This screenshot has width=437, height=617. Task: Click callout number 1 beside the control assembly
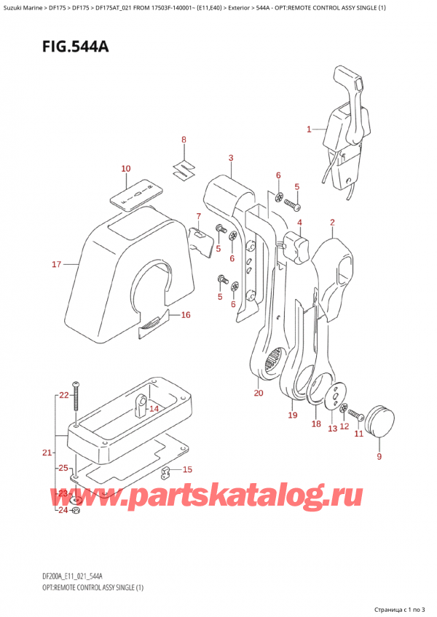(x=310, y=130)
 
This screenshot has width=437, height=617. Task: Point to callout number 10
(x=125, y=169)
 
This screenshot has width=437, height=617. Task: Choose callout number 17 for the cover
(x=56, y=264)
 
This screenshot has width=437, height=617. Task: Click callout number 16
(x=185, y=315)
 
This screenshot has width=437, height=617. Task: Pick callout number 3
(x=230, y=158)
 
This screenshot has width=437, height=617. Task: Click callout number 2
(x=332, y=223)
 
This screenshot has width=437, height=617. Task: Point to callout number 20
(x=258, y=394)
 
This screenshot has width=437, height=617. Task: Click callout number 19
(x=292, y=415)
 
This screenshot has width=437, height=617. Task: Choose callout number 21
(x=47, y=453)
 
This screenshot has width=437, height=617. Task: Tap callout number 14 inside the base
(x=153, y=409)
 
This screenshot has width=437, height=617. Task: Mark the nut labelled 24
(x=78, y=509)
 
